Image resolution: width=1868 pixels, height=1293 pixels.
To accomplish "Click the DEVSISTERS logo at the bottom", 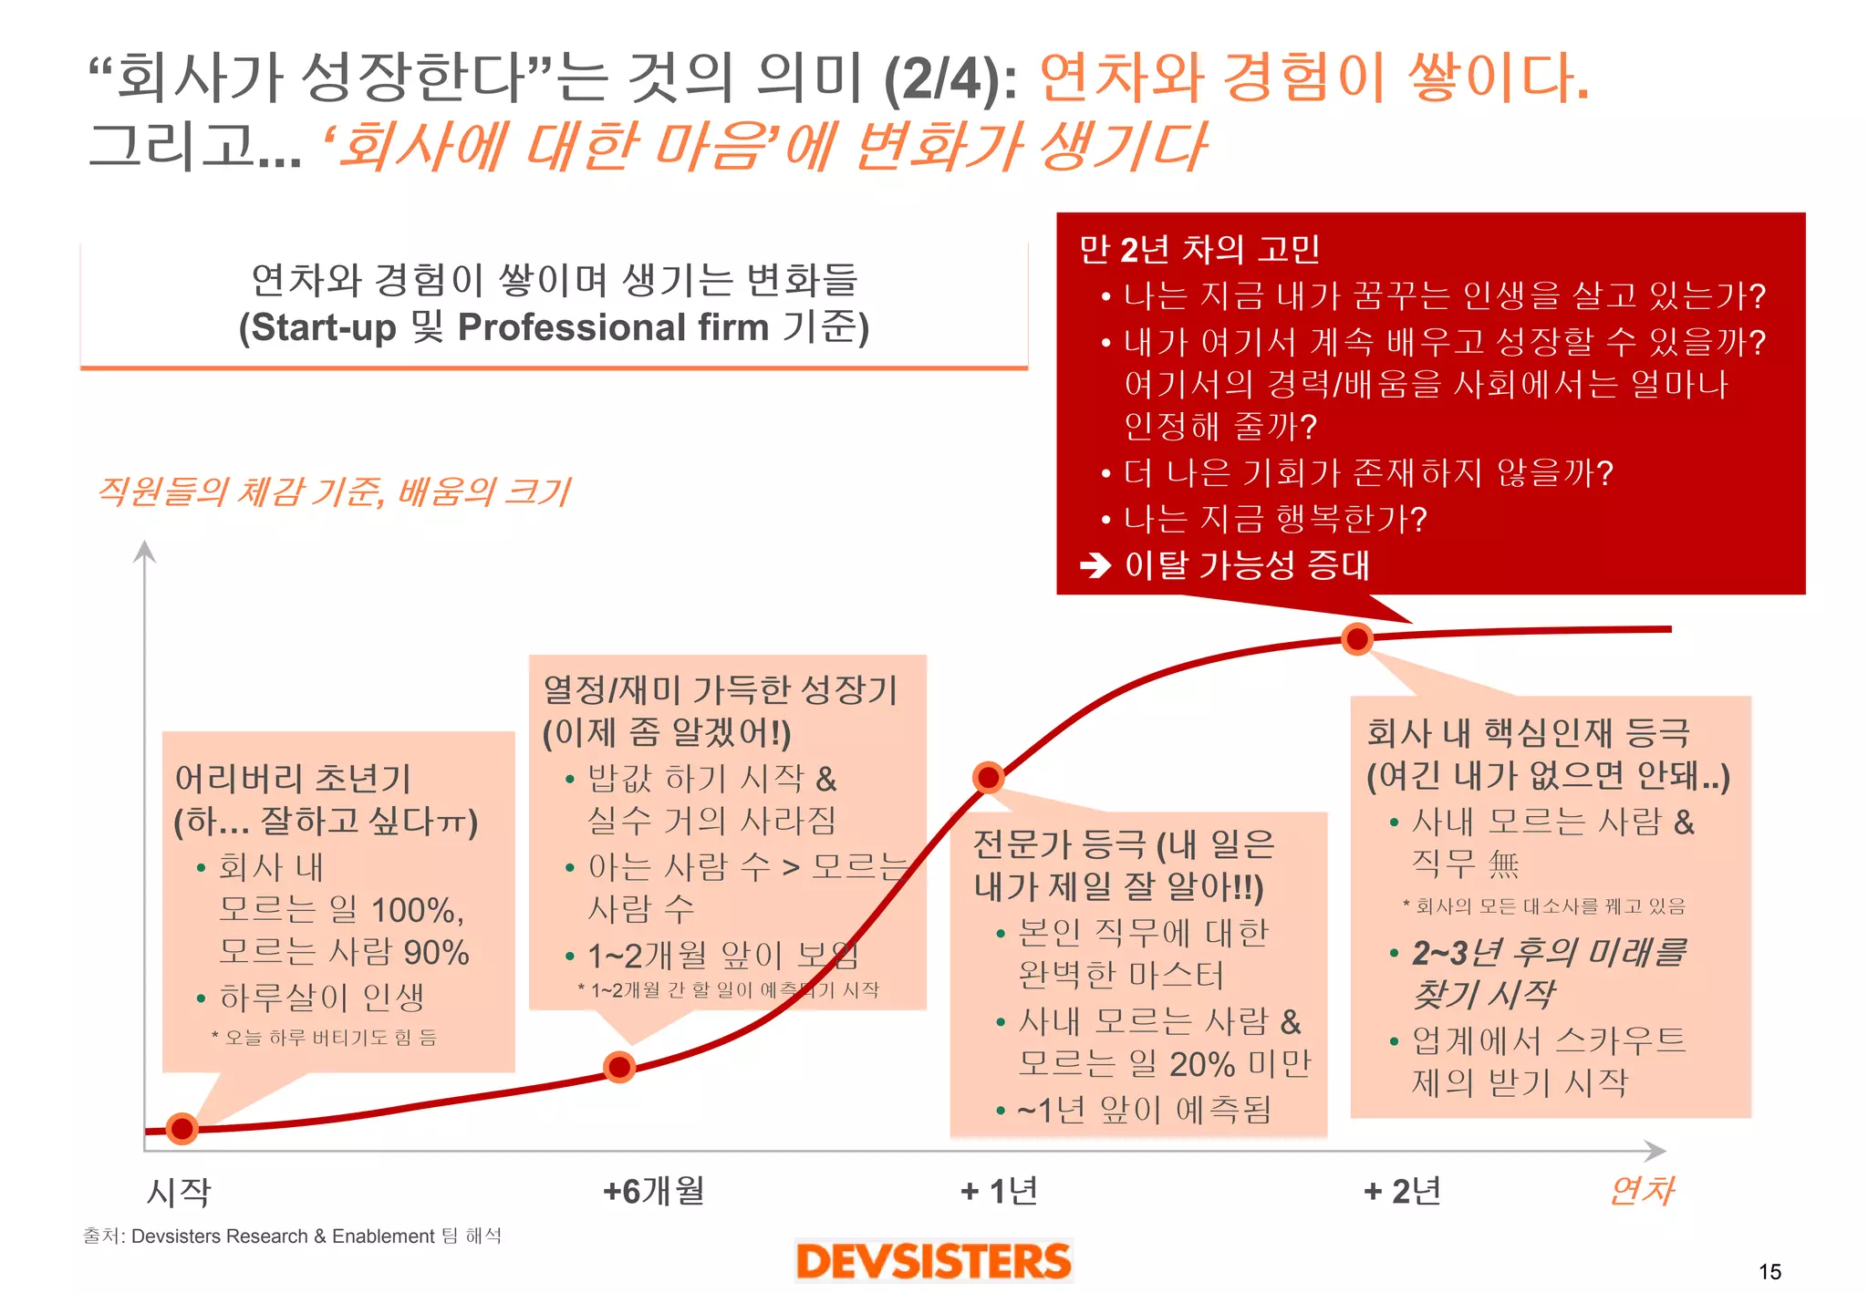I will [x=933, y=1261].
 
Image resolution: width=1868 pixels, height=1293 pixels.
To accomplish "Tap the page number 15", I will [x=1769, y=1271].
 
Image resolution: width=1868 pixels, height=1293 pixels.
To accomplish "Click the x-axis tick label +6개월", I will [x=653, y=1191].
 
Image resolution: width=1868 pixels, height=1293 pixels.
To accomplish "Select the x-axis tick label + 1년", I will [x=999, y=1191].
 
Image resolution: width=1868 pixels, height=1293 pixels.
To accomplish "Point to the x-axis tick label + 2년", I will [x=1402, y=1191].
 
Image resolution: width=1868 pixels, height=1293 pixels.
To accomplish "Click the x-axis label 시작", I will [x=179, y=1193].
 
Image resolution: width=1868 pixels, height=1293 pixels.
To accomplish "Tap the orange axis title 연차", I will [x=1641, y=1191].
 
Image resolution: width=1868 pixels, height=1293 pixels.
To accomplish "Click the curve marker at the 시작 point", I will [x=182, y=1129].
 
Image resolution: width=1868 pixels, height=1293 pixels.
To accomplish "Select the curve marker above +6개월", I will [x=619, y=1066].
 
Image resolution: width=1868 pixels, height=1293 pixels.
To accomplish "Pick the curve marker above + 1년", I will [x=988, y=778].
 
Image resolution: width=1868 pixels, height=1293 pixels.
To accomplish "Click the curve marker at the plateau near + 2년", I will [x=1357, y=639].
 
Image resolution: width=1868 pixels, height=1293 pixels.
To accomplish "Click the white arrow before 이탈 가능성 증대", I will [x=1095, y=566].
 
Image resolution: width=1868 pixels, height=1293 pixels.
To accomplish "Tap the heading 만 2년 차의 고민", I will [x=1199, y=249].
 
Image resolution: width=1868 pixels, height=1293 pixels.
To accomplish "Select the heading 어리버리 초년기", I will [x=293, y=779].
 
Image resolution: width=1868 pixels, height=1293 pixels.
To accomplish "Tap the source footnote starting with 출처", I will [x=292, y=1236].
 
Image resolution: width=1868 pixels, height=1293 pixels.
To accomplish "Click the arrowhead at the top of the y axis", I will [x=145, y=551].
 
